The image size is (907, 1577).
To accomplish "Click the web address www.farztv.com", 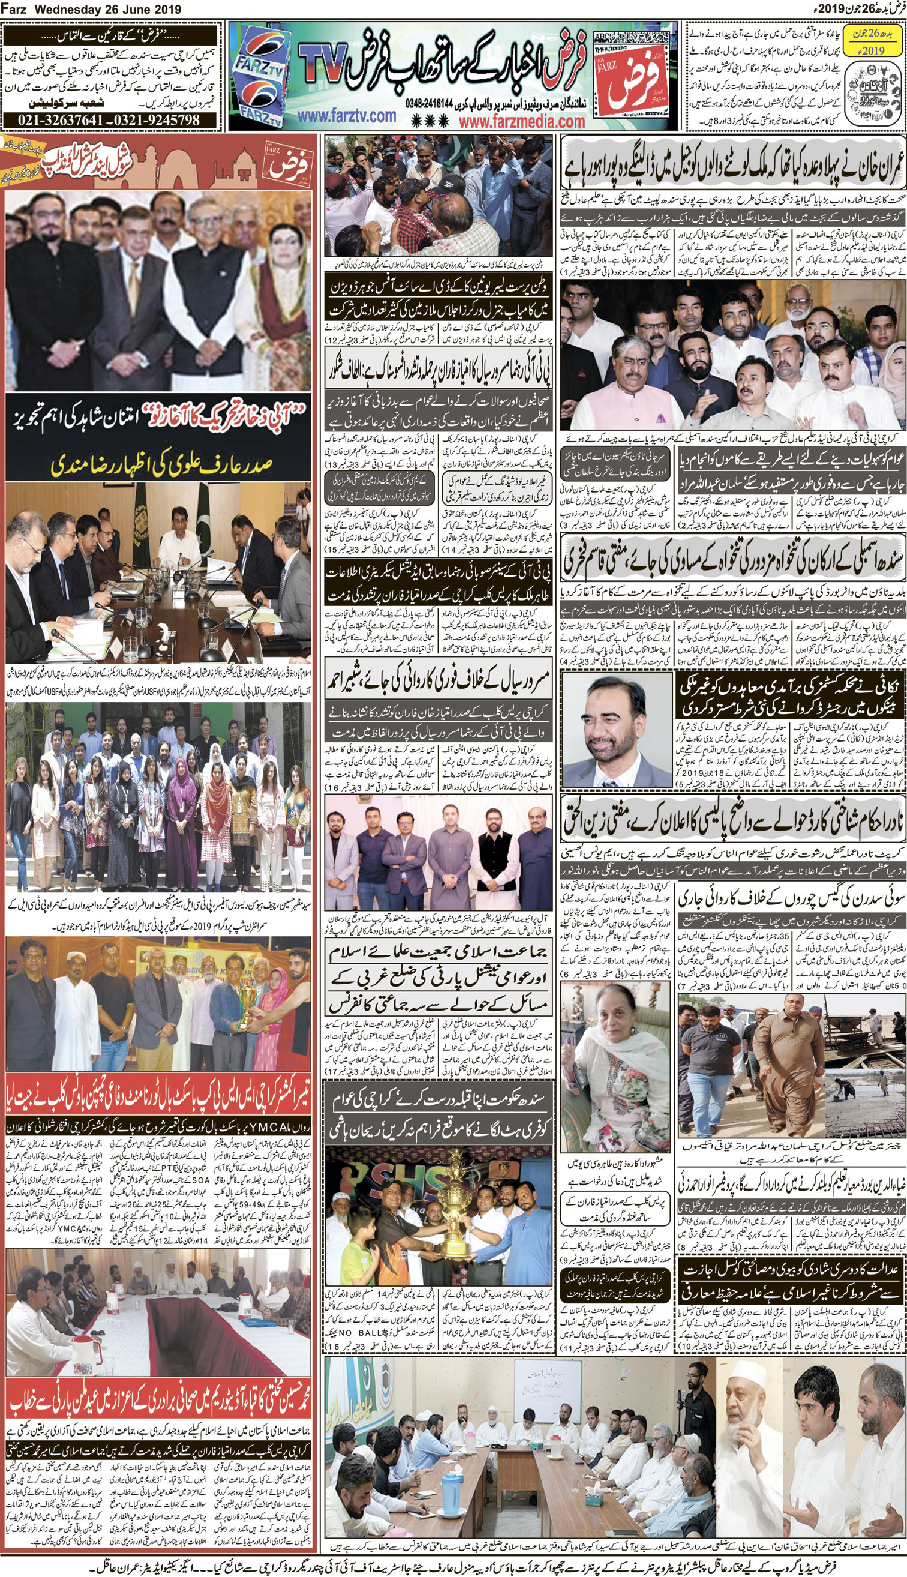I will (346, 116).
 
